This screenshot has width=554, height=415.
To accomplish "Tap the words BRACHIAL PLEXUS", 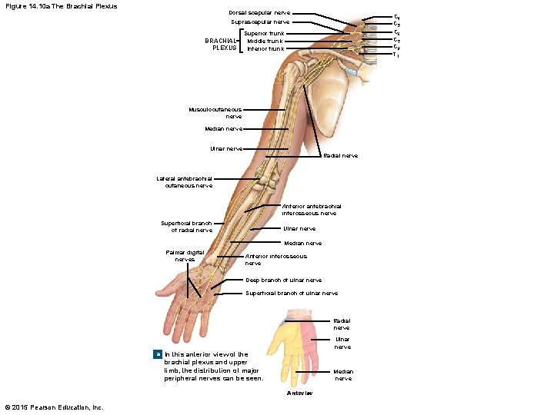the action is pos(220,44).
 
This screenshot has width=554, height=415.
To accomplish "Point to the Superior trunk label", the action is pos(264,33).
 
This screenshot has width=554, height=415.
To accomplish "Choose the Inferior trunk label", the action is pos(265,48).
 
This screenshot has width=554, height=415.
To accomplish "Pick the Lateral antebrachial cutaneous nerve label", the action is pos(185,181).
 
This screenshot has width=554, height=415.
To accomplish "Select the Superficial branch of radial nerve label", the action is pos(187,227).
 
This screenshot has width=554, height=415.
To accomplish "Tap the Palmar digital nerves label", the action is pos(185,255).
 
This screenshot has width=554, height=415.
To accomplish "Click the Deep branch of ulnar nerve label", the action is pos(283,281).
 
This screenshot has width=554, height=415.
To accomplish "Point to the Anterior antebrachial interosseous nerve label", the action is pos(311,210).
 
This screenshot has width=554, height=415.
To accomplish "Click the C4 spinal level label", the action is pos(397,16).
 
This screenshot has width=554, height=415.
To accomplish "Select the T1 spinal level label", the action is pos(396,55).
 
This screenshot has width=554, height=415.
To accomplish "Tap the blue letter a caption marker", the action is pos(157,354).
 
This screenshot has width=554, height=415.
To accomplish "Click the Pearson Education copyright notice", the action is pos(54,407).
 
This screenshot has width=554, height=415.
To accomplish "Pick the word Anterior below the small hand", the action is pos(299,393).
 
